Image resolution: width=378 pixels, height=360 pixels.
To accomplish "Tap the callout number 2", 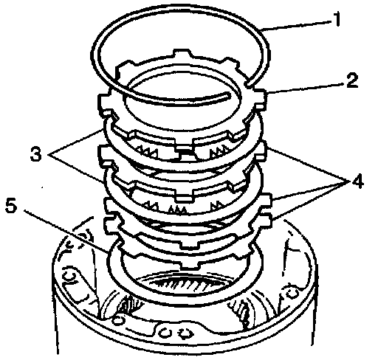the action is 352,80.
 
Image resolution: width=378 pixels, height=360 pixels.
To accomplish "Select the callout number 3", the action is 36,153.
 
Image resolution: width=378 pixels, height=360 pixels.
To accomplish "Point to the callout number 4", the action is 357,181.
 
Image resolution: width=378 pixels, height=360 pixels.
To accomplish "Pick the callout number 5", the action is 12,205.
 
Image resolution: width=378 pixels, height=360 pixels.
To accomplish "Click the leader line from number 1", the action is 296,25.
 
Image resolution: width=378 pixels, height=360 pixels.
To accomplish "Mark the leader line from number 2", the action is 305,88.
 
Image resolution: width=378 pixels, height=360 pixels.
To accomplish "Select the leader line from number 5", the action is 66,232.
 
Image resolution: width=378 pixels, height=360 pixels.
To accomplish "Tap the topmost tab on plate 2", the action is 182,52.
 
